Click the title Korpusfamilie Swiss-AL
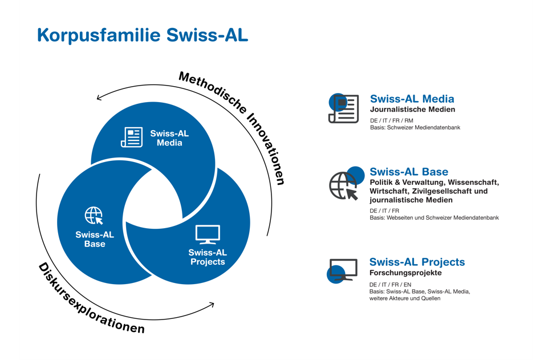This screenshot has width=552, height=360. (x=143, y=35)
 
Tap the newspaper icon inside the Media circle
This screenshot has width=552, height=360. (x=132, y=137)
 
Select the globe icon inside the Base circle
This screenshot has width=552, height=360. (x=94, y=216)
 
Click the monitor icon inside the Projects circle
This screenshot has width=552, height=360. (x=208, y=234)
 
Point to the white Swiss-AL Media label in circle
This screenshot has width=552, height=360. (x=169, y=138)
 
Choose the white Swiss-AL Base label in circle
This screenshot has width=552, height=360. (x=95, y=239)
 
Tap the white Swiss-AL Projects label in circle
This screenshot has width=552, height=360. (x=208, y=257)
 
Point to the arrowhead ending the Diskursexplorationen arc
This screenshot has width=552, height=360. (x=212, y=305)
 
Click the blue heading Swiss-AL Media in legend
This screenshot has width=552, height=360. (x=412, y=99)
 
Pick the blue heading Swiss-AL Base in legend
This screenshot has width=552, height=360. (x=409, y=172)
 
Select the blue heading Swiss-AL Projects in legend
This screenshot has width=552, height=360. (x=417, y=262)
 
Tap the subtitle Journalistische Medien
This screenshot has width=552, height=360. (x=413, y=110)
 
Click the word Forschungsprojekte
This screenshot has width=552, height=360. (x=405, y=273)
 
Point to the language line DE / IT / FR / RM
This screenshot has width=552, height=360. (x=391, y=120)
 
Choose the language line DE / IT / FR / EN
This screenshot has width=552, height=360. (x=390, y=285)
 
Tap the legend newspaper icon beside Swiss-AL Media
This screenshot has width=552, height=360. (x=344, y=108)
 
